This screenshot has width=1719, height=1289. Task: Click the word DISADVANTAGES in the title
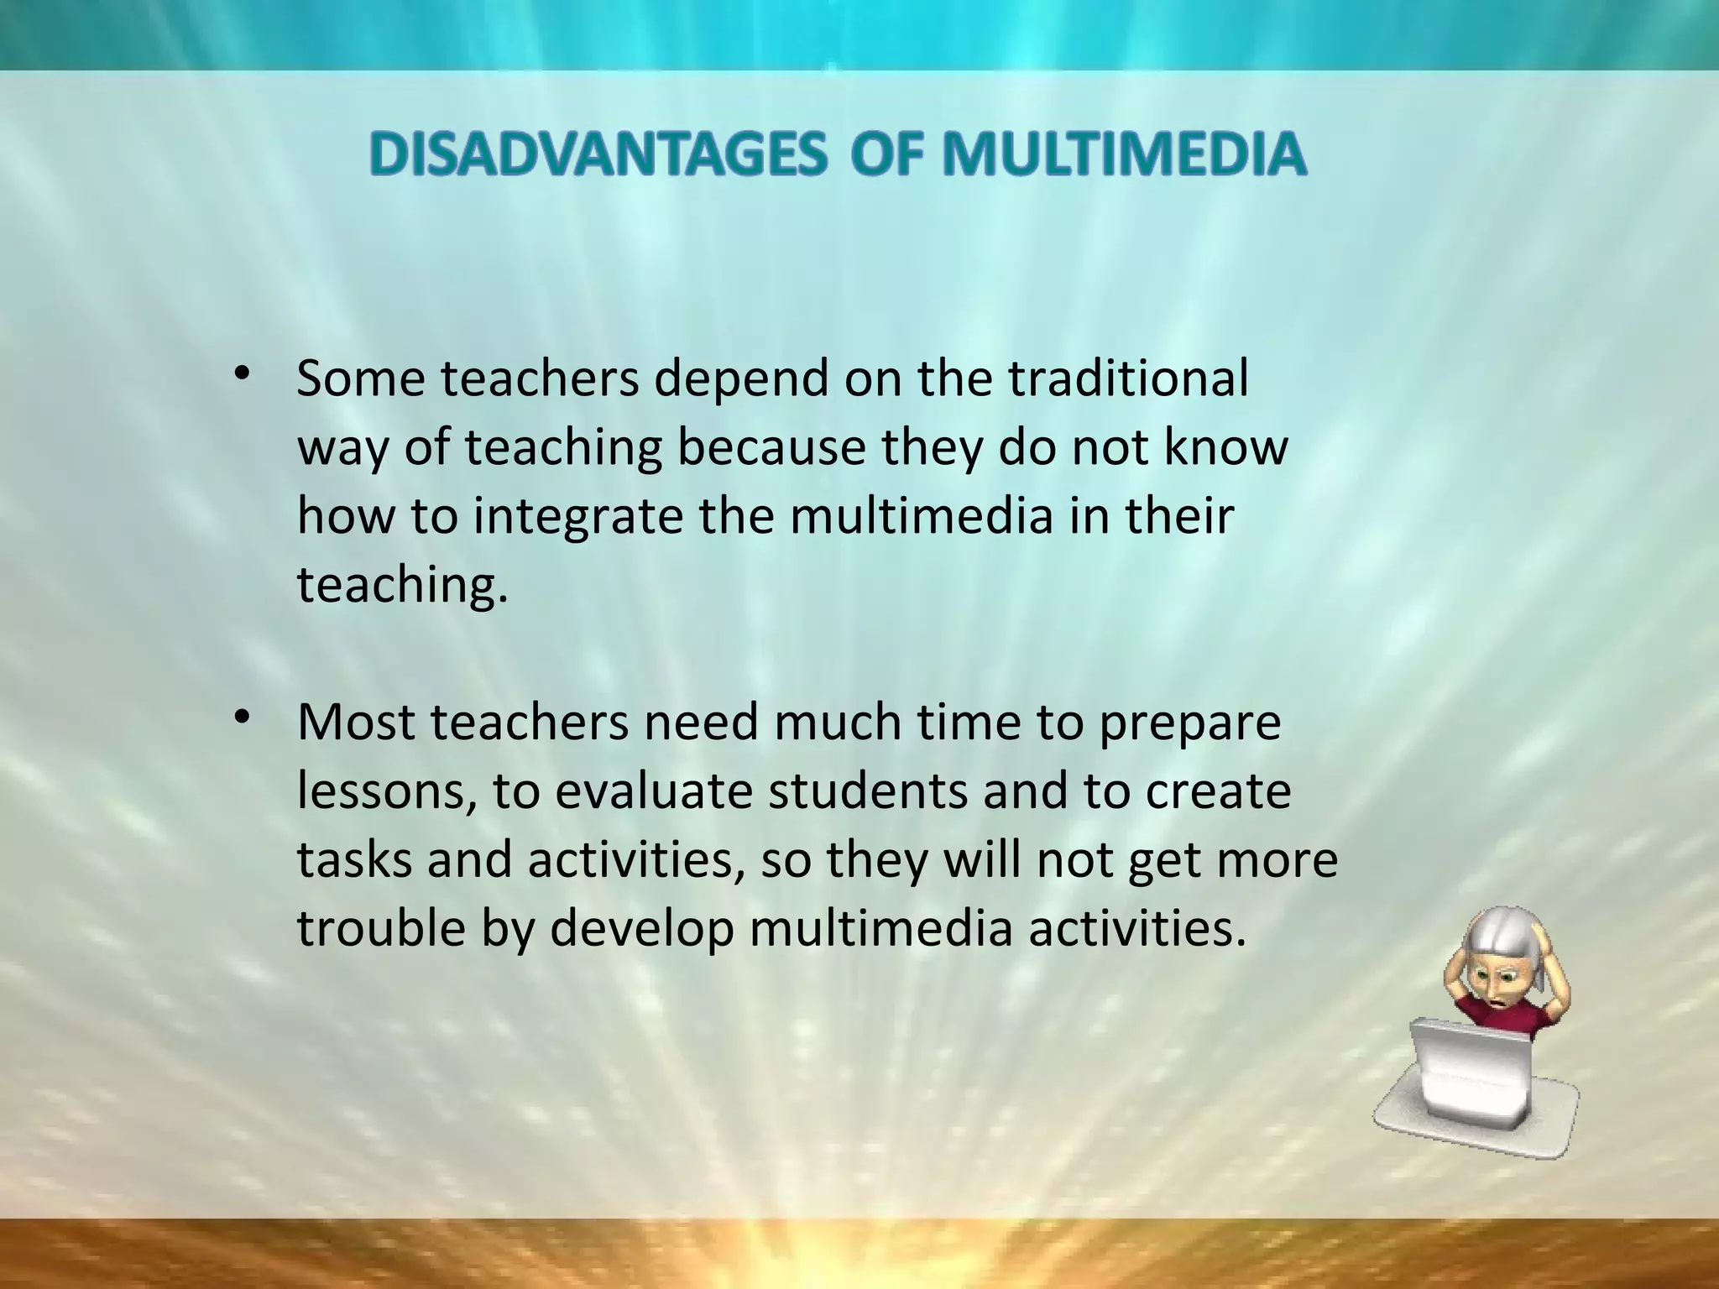pyautogui.click(x=597, y=156)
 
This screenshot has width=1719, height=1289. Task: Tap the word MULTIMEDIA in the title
pyautogui.click(x=1124, y=156)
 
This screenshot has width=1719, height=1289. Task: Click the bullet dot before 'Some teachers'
pyautogui.click(x=243, y=374)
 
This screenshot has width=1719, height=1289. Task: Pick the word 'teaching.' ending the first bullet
pyautogui.click(x=403, y=586)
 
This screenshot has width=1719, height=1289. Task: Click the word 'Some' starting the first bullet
pyautogui.click(x=361, y=379)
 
